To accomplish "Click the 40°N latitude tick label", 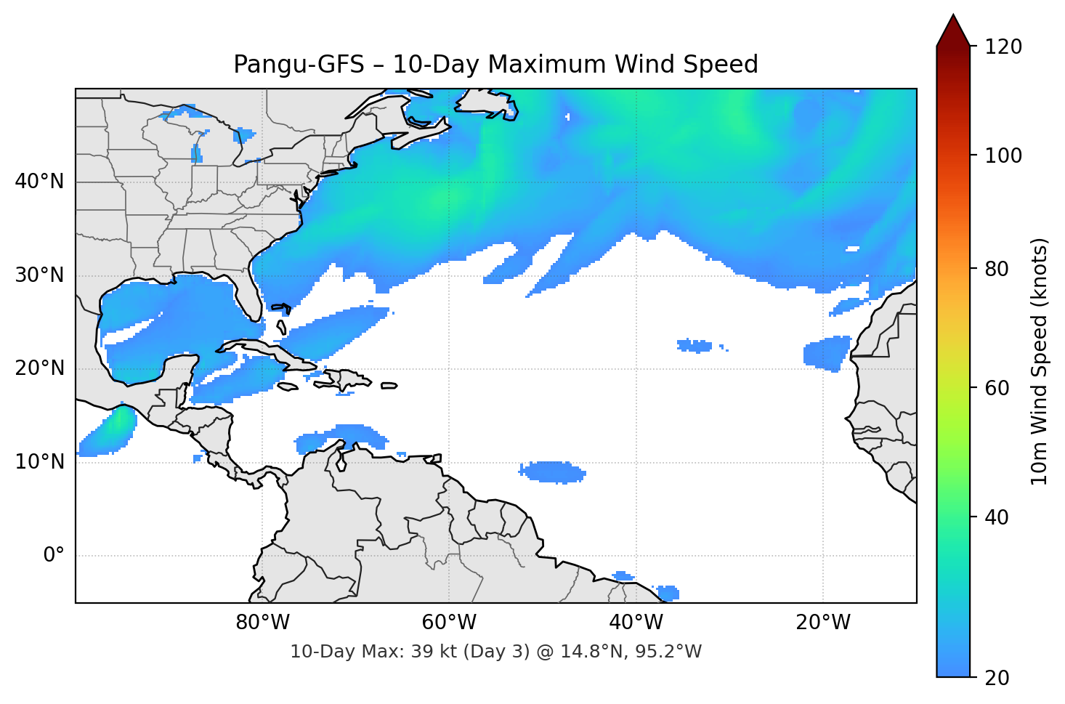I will [x=39, y=182].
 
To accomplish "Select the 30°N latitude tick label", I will [x=39, y=275].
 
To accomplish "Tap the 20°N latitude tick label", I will [x=39, y=368].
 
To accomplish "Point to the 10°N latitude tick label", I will [x=39, y=462].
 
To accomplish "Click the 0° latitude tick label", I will [x=54, y=556].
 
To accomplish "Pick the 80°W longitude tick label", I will [x=262, y=623].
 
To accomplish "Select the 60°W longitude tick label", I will [x=449, y=623].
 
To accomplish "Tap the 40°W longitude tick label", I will [x=636, y=623].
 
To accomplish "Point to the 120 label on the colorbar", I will [x=1003, y=47].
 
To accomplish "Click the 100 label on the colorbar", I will [x=1003, y=155].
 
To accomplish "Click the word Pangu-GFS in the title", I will [x=299, y=65].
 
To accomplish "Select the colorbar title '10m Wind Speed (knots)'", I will [x=1040, y=361].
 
